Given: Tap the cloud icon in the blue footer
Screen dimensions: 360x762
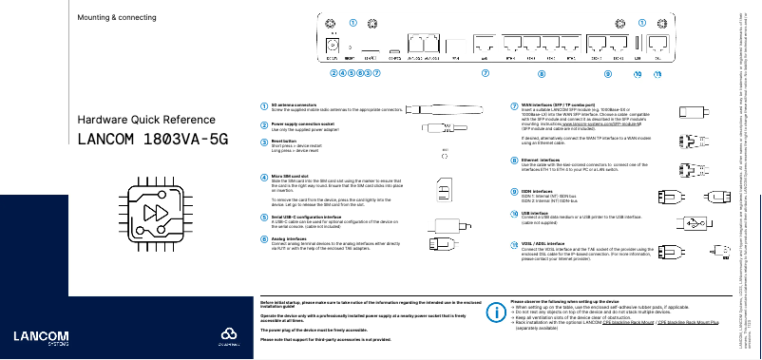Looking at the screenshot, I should pyautogui.click(x=226, y=334).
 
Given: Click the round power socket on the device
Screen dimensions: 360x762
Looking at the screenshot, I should pyautogui.click(x=333, y=45).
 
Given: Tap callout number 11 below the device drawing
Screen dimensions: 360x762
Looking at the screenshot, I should pyautogui.click(x=658, y=72).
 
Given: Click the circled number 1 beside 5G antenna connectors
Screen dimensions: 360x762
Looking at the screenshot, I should pyautogui.click(x=264, y=105).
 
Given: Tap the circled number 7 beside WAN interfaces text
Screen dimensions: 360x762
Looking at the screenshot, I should pyautogui.click(x=514, y=105).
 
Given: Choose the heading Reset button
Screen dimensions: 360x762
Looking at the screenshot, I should pyautogui.click(x=284, y=140).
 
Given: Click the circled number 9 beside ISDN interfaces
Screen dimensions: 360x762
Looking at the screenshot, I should pyautogui.click(x=514, y=191).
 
